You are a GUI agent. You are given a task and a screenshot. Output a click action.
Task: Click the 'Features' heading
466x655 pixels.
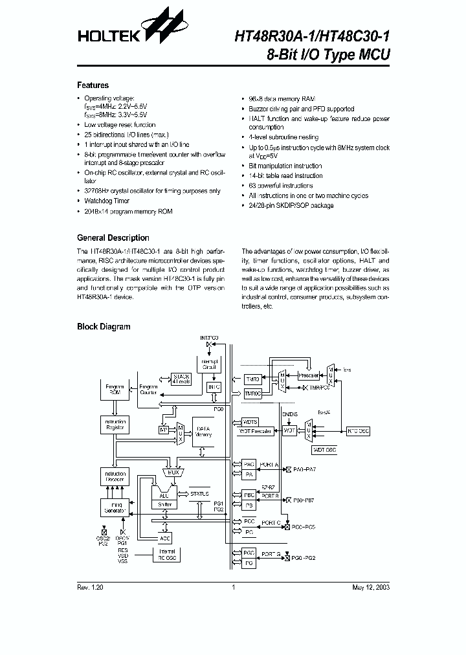pyautogui.click(x=93, y=85)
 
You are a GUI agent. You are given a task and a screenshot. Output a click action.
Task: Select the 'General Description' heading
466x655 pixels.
pyautogui.click(x=113, y=238)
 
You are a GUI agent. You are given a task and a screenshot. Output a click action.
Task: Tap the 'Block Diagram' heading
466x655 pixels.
pyautogui.click(x=104, y=327)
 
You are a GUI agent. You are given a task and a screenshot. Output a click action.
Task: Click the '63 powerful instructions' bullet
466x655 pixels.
pyautogui.click(x=281, y=186)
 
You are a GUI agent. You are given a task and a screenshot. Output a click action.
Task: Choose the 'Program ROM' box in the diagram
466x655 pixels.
pyautogui.click(x=115, y=390)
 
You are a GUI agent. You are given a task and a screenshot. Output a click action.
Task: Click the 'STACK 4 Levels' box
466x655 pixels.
pyautogui.click(x=181, y=379)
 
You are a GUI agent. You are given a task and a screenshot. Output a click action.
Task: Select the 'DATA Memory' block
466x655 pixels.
pyautogui.click(x=204, y=431)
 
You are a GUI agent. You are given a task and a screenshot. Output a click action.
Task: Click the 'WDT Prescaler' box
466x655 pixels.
pyautogui.click(x=258, y=431)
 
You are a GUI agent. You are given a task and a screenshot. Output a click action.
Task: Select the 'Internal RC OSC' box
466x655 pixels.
pyautogui.click(x=167, y=555)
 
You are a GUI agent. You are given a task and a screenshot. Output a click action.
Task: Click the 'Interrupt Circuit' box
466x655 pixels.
pyautogui.click(x=210, y=363)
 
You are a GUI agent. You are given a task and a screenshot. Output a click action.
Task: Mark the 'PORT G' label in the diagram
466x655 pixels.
pyautogui.click(x=270, y=555)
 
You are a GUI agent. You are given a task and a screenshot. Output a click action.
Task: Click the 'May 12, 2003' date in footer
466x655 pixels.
pyautogui.click(x=371, y=587)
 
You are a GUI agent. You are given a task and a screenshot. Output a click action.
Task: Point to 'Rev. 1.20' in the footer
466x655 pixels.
pyautogui.click(x=90, y=587)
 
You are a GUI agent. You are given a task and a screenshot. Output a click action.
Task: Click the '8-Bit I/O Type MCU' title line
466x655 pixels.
pyautogui.click(x=329, y=54)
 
